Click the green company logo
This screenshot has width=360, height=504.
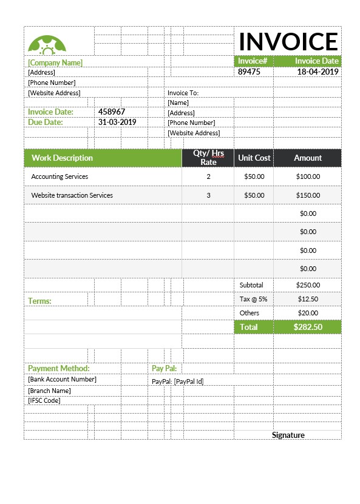[47, 44]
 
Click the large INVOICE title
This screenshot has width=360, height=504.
[288, 41]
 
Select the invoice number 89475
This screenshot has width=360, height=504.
[249, 72]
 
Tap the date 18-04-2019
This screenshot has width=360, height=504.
[318, 72]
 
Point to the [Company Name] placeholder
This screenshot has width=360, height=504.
[55, 62]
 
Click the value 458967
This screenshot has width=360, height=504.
[112, 112]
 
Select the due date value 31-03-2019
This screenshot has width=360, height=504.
[117, 122]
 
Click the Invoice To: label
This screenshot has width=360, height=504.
[183, 93]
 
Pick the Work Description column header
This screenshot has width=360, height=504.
[62, 158]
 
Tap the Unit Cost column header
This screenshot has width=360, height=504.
[254, 158]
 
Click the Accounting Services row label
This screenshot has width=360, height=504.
[59, 176]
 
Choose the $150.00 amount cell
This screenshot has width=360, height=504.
[308, 195]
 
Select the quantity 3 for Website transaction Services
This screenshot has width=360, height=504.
[208, 195]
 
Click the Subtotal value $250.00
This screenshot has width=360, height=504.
[308, 284]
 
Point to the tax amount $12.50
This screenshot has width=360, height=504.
[308, 299]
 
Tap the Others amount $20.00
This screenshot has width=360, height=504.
[308, 313]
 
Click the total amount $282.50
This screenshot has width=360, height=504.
[308, 327]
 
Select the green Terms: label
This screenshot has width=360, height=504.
[39, 301]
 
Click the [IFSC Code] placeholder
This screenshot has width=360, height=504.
[44, 400]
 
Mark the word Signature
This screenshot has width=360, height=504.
[288, 435]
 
